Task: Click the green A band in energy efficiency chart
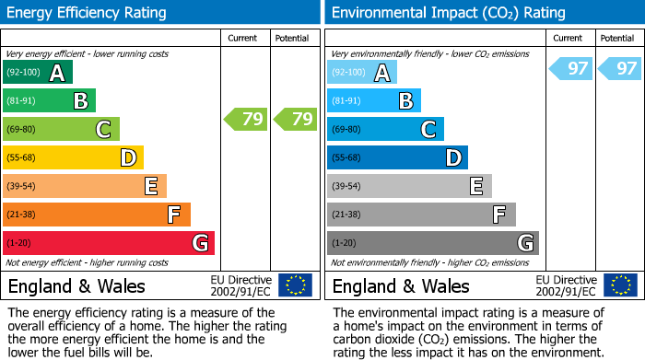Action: (x=38, y=73)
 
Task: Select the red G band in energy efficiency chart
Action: (x=109, y=243)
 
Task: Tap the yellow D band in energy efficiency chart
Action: (x=74, y=157)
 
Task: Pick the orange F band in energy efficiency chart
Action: (x=97, y=215)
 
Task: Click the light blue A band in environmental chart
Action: (x=362, y=73)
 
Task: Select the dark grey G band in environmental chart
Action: (x=433, y=243)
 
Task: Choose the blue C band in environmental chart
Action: (x=385, y=130)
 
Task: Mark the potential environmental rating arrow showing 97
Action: (x=619, y=69)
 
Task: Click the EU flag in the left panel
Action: (x=295, y=285)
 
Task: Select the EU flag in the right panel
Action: (x=619, y=285)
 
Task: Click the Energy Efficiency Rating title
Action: (x=88, y=13)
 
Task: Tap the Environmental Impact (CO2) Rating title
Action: (x=448, y=13)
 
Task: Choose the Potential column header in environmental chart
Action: (x=616, y=39)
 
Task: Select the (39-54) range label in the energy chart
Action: (x=20, y=186)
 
